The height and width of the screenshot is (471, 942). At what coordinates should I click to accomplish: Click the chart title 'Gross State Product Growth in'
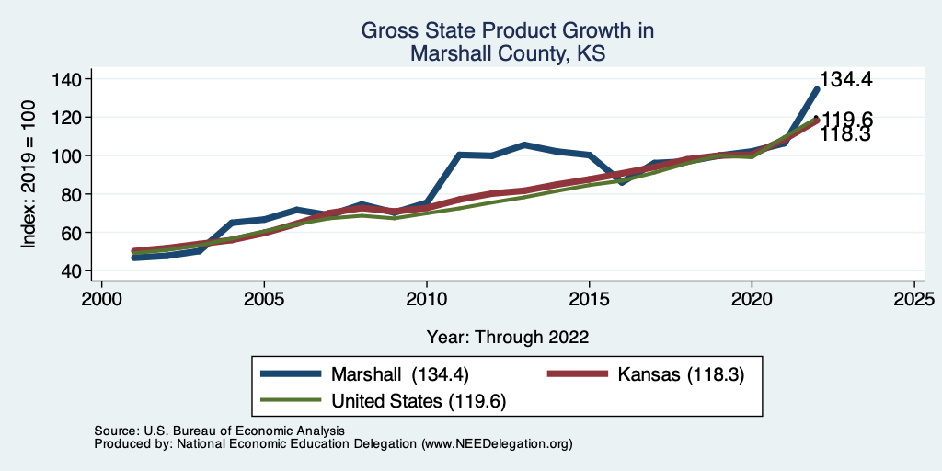tap(507, 31)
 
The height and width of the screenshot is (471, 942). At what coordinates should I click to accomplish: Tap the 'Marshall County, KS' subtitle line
tap(507, 54)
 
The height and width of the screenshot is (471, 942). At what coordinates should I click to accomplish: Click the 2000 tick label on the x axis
tap(101, 300)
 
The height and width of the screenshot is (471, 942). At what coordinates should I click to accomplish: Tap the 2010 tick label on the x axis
tap(426, 300)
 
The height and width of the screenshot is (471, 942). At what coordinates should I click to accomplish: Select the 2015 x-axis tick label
tap(589, 300)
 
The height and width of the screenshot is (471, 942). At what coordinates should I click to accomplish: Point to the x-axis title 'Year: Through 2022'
tap(507, 336)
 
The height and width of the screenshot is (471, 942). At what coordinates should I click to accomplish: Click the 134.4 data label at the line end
tap(845, 80)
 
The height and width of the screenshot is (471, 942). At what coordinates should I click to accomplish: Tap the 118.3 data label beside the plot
tap(845, 134)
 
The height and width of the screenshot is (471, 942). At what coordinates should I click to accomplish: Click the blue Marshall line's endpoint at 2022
tap(816, 89)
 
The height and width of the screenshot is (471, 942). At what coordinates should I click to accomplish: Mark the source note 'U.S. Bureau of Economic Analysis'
tap(241, 431)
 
